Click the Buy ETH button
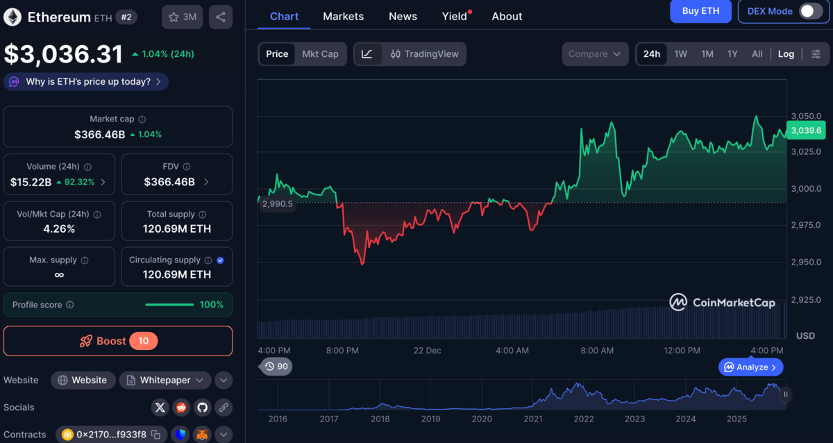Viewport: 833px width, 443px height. pos(700,11)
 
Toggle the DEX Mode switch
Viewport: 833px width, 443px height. pos(810,11)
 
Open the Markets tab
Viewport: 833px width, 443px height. pos(343,16)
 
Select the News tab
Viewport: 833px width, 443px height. pos(403,16)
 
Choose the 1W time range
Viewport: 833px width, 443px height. pos(680,53)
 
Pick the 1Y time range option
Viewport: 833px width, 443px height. pos(732,53)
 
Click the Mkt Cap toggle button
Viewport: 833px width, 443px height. pos(320,53)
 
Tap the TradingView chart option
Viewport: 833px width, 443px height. pos(424,53)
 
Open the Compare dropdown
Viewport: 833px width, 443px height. pos(595,53)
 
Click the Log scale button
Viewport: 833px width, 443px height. pos(786,53)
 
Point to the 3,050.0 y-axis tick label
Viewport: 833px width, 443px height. pos(806,116)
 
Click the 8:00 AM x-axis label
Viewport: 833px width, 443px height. pos(597,351)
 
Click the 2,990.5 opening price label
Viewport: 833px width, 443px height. pos(276,204)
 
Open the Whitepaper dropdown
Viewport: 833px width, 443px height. pos(165,380)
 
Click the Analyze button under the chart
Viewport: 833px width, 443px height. pos(751,367)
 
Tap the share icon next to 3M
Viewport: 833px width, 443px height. pos(220,17)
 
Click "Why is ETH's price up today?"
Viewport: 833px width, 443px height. pos(86,81)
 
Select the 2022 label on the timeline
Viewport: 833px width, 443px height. pos(583,419)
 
